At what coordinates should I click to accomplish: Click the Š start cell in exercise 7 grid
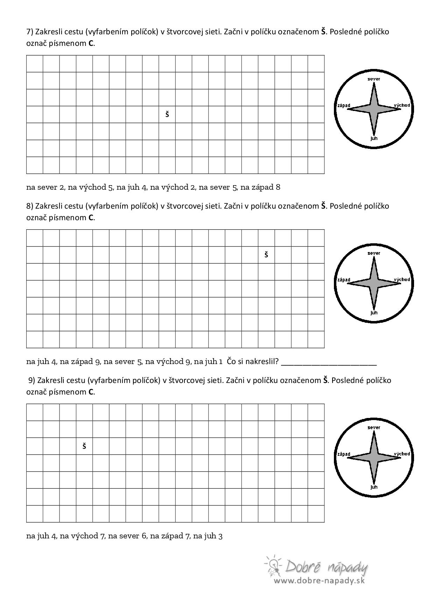167,114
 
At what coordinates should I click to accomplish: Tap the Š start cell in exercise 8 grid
266,254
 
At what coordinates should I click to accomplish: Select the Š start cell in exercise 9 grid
84,446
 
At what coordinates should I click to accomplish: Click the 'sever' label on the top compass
374,79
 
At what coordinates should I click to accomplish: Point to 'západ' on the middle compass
344,280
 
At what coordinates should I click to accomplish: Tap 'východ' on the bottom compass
402,454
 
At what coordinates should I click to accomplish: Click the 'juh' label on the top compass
374,138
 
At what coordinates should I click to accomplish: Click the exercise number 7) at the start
30,32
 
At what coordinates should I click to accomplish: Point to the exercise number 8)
30,206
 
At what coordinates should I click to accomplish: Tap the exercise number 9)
32,380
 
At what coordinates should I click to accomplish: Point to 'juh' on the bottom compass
374,487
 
